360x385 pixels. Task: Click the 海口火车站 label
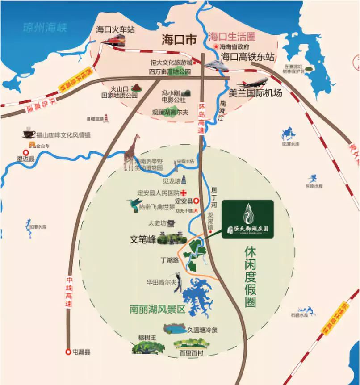(115, 30)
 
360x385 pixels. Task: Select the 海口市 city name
(179, 40)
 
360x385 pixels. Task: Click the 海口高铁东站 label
(247, 57)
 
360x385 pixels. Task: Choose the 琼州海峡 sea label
(45, 28)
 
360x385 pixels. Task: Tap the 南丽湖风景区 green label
(157, 309)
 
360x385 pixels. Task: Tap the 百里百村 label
(191, 353)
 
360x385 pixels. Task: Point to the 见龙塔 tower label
(172, 181)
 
